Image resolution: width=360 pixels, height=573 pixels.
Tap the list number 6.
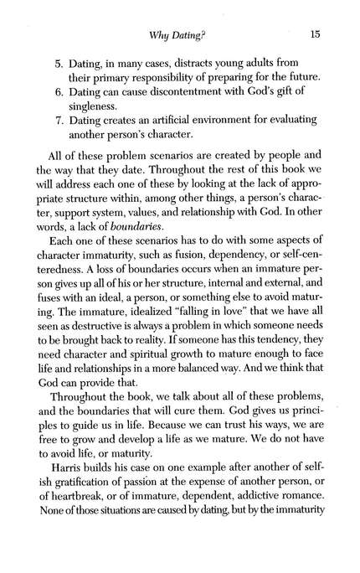point(59,74)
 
